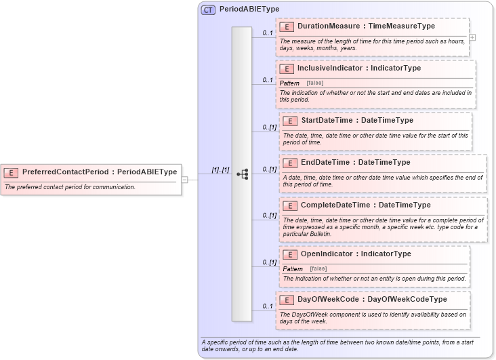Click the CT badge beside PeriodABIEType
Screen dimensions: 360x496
click(209, 9)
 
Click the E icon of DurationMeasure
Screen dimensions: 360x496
click(287, 26)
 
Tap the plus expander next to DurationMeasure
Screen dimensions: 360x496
click(472, 37)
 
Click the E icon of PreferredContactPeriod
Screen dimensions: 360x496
click(11, 172)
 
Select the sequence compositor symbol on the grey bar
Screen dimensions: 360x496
click(242, 174)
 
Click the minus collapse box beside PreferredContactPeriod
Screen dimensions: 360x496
click(185, 179)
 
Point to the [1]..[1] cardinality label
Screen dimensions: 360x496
click(220, 170)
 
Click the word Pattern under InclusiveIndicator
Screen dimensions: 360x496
click(289, 83)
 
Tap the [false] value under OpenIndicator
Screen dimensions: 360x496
click(318, 269)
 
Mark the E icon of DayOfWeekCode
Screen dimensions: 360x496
click(287, 299)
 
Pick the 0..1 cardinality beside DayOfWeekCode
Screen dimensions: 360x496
click(268, 306)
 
